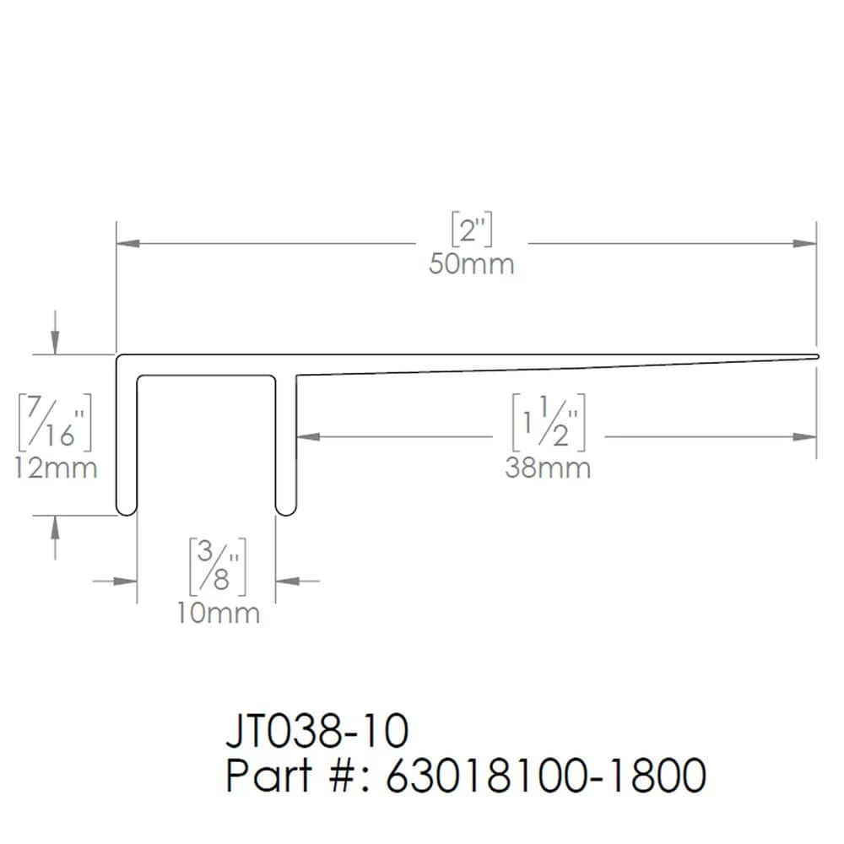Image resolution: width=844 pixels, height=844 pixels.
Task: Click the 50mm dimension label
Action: [471, 264]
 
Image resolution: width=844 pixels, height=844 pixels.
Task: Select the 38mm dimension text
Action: [548, 468]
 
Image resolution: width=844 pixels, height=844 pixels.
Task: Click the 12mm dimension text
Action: [56, 467]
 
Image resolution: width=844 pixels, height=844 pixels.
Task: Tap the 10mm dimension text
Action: [219, 613]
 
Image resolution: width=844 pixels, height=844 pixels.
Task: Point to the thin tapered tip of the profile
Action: [815, 357]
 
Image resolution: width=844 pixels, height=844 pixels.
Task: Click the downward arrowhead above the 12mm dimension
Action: [56, 343]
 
